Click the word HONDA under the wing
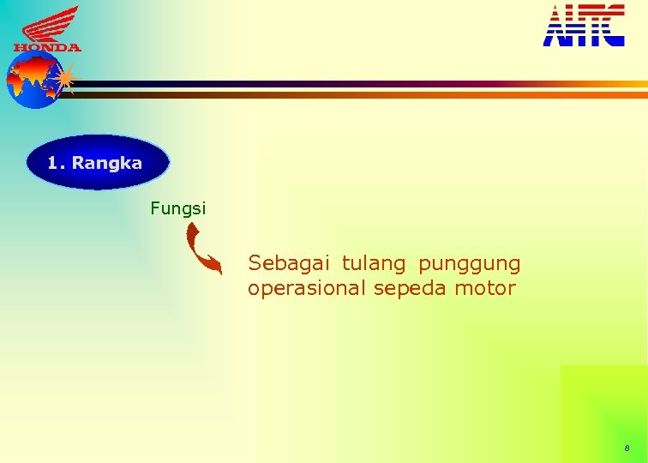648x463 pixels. pyautogui.click(x=48, y=48)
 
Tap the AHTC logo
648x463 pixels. pyautogui.click(x=584, y=25)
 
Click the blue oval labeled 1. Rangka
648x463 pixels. pyautogui.click(x=98, y=162)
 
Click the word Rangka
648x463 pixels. pyautogui.click(x=107, y=163)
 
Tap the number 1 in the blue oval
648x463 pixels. pyautogui.click(x=53, y=163)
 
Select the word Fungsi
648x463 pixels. pyautogui.click(x=178, y=207)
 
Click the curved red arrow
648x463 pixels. pyautogui.click(x=202, y=248)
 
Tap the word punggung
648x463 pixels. pyautogui.click(x=469, y=264)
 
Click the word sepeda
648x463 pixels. pyautogui.click(x=410, y=289)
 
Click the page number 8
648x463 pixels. pyautogui.click(x=627, y=448)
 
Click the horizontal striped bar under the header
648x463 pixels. pyautogui.click(x=360, y=89)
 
